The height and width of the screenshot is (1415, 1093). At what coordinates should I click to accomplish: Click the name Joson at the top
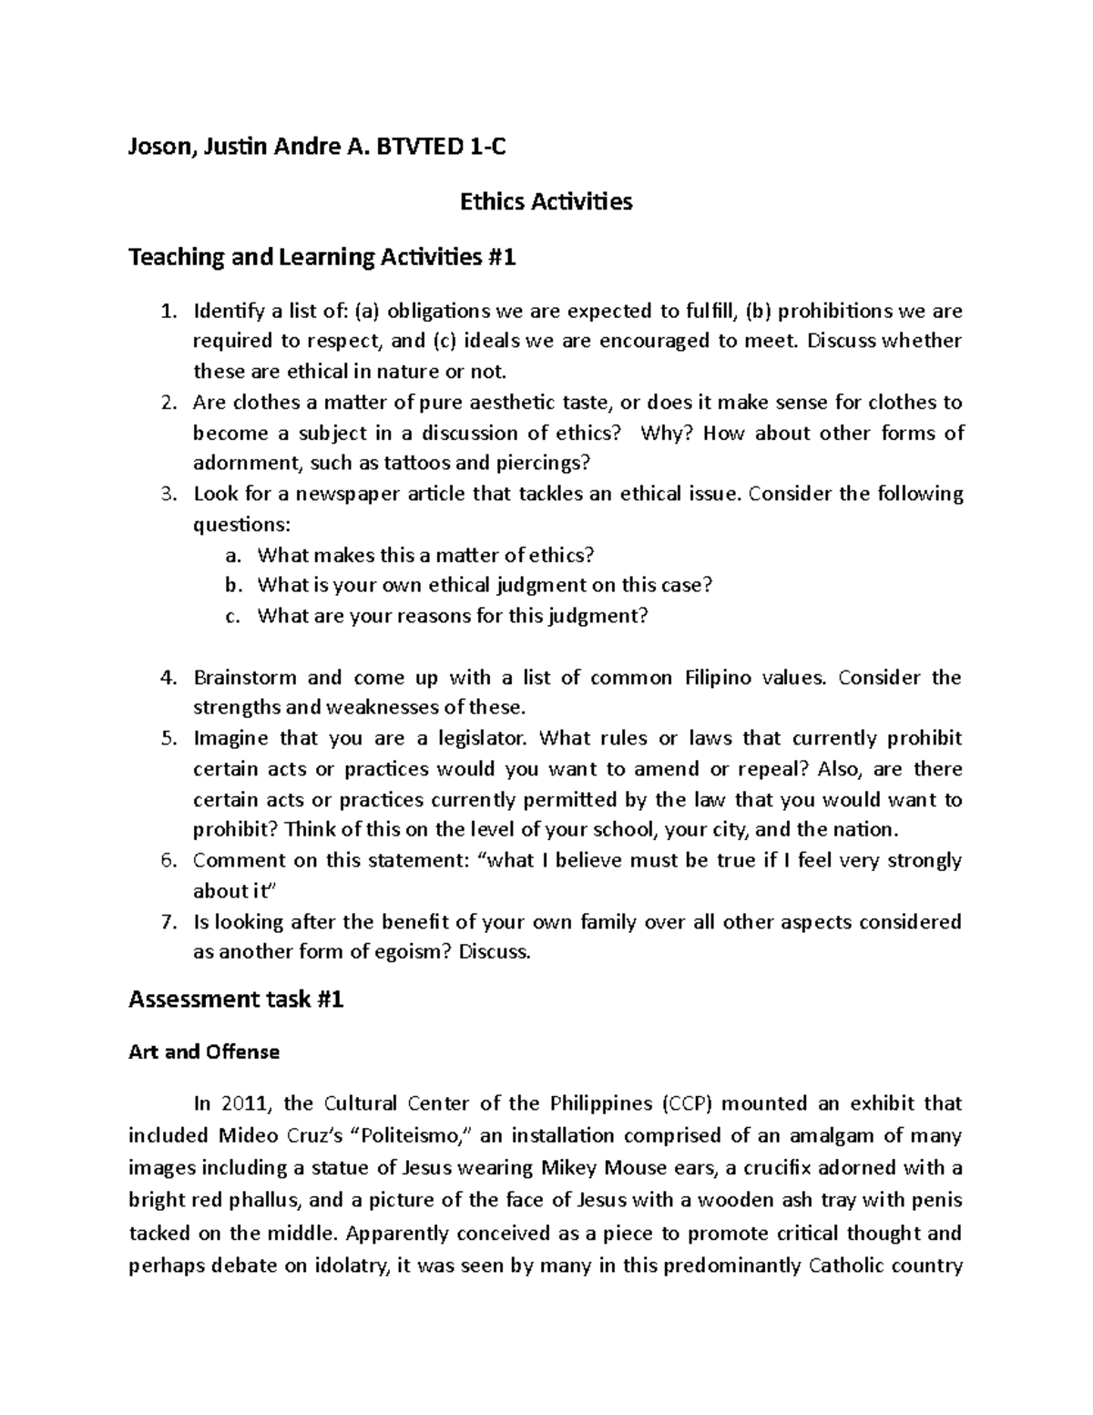[160, 146]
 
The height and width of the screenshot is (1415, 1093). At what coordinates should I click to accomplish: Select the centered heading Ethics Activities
[546, 201]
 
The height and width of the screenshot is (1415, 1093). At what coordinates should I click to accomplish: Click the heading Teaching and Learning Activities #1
[322, 258]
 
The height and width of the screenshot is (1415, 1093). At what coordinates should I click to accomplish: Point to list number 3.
[167, 495]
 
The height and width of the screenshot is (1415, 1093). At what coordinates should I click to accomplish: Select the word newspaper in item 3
[365, 495]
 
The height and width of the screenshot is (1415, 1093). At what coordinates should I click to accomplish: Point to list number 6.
[167, 861]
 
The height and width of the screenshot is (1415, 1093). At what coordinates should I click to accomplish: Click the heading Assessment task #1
[236, 1000]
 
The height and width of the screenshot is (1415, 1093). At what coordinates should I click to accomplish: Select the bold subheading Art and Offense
[204, 1052]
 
